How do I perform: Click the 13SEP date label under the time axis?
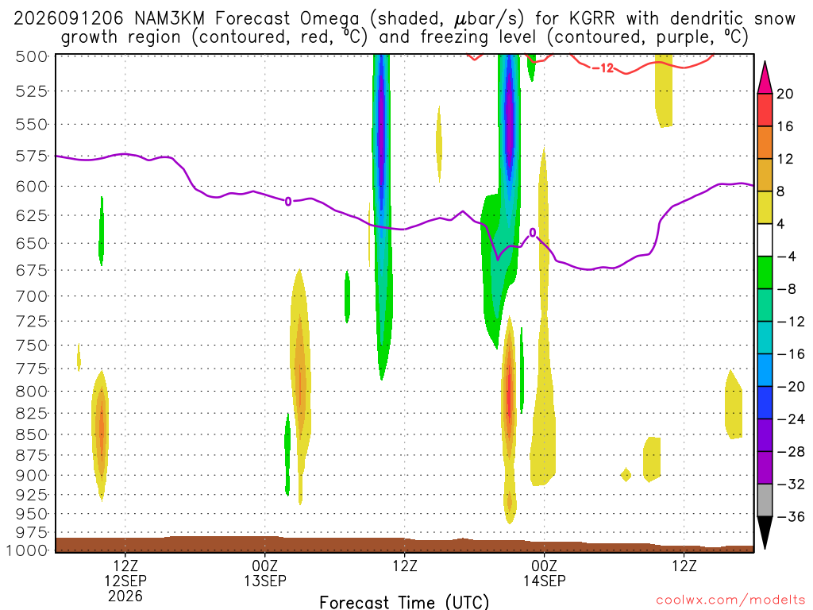pyautogui.click(x=265, y=581)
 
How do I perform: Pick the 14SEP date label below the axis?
pyautogui.click(x=545, y=581)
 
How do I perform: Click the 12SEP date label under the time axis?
pyautogui.click(x=125, y=581)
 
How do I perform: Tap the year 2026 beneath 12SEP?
pyautogui.click(x=125, y=596)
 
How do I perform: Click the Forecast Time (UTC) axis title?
pyautogui.click(x=404, y=602)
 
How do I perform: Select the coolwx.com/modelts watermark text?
pyautogui.click(x=730, y=600)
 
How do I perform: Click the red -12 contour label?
pyautogui.click(x=603, y=68)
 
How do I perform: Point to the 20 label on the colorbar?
pyautogui.click(x=785, y=94)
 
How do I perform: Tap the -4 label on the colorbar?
pyautogui.click(x=786, y=257)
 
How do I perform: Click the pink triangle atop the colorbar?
pyautogui.click(x=765, y=78)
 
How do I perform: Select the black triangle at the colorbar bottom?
pyautogui.click(x=765, y=532)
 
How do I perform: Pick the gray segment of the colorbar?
pyautogui.click(x=765, y=500)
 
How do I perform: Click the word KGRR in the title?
pyautogui.click(x=591, y=19)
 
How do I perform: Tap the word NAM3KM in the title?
pyautogui.click(x=170, y=19)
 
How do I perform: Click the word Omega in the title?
pyautogui.click(x=329, y=20)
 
